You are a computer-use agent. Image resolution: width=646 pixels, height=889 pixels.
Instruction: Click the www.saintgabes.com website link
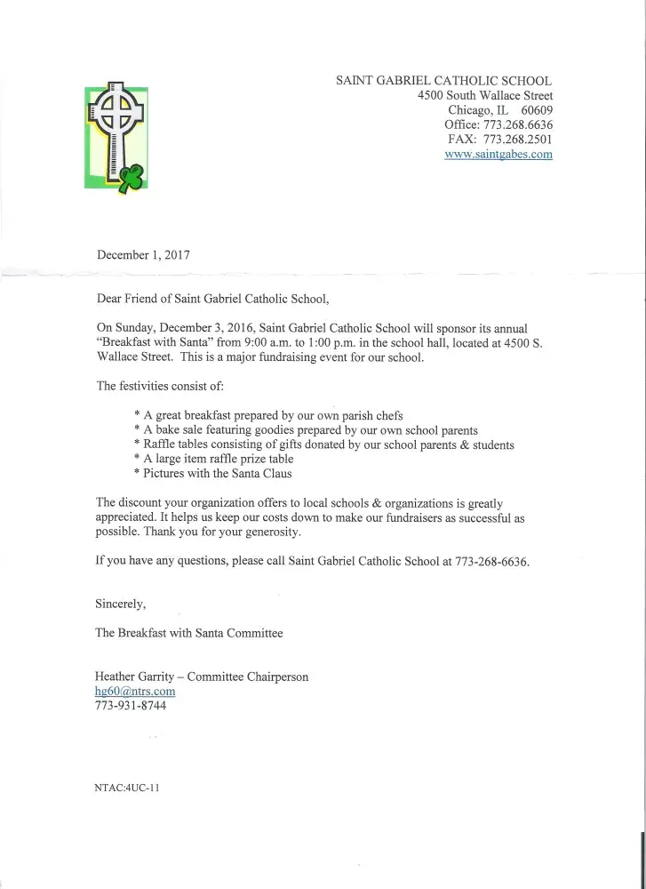[498, 154]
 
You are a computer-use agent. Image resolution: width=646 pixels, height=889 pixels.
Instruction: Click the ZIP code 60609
[537, 110]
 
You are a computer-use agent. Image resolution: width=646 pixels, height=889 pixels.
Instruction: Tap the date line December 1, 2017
[143, 253]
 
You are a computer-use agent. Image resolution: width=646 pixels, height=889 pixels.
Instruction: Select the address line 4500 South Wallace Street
[484, 96]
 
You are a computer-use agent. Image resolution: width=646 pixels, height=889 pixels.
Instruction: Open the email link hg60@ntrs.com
[135, 691]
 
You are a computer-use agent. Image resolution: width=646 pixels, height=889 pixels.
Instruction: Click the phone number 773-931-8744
[131, 706]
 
